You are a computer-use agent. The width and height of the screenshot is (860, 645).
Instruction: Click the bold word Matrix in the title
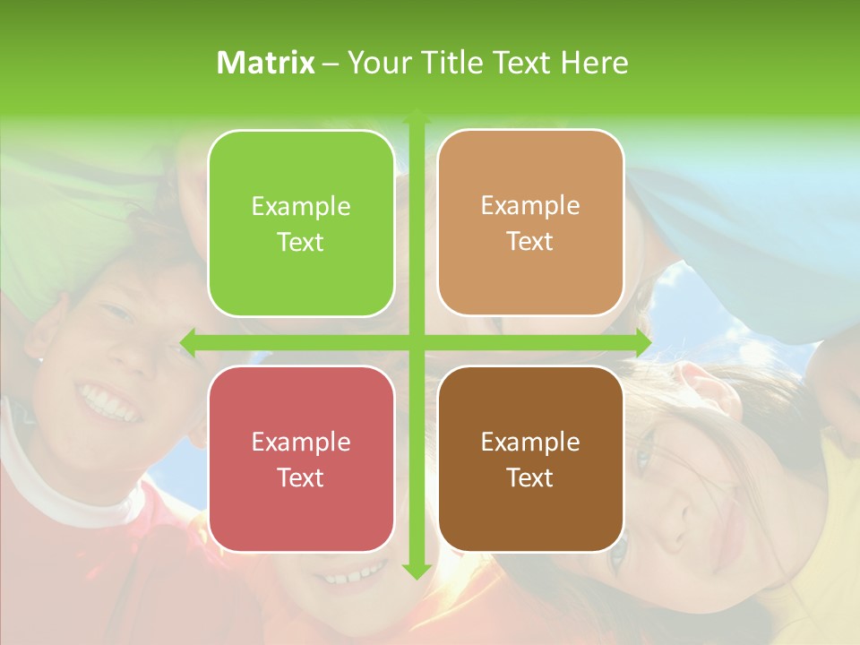point(266,63)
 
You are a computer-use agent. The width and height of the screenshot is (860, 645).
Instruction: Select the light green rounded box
point(301,161)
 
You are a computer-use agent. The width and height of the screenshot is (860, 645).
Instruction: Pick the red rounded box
point(301,520)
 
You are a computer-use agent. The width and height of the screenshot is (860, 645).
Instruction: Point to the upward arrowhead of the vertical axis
point(416,116)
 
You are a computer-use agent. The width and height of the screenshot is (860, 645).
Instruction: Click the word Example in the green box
point(301,207)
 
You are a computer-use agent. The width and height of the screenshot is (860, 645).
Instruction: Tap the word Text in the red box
point(301,477)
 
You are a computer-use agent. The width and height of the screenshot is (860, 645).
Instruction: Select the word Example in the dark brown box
point(530,442)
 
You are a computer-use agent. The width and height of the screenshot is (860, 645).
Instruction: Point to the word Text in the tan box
point(530,241)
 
